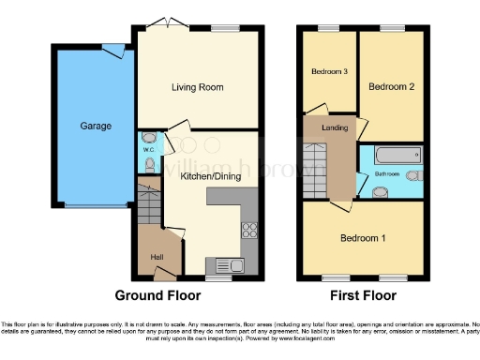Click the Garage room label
[96, 126]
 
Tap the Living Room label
[198, 88]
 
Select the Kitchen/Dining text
[204, 176]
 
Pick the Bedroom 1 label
[364, 238]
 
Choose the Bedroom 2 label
[392, 87]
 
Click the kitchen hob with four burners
[250, 230]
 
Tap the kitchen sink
[229, 264]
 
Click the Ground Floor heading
[157, 295]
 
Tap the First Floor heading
[359, 295]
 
